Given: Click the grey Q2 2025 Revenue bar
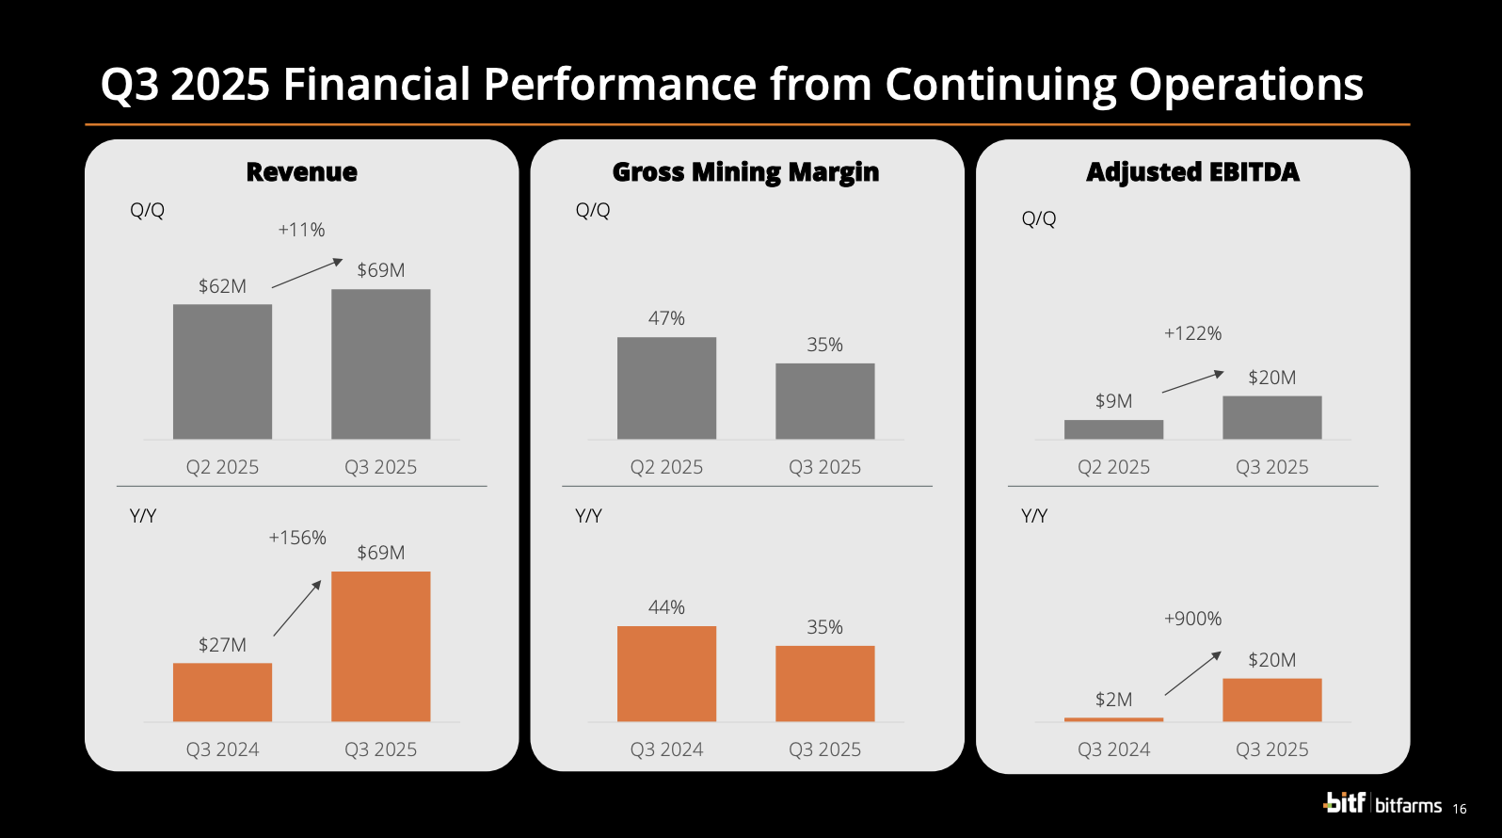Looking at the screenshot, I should point(222,371).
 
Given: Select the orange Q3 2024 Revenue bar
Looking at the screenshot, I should point(222,692).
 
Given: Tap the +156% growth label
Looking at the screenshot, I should point(297,538).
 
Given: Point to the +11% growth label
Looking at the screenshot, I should point(301,230).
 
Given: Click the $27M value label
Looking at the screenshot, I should point(222,645).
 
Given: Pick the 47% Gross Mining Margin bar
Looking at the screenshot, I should point(666,388).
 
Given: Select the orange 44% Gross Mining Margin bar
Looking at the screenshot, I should point(666,673).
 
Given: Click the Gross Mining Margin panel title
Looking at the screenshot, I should point(745,172).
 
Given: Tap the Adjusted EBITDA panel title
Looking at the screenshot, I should point(1192,172).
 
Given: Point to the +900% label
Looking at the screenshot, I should point(1192,619).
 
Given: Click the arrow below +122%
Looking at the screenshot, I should point(1192,381).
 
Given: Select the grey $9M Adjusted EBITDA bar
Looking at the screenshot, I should point(1113,429).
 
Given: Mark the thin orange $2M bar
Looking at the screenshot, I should point(1113,719).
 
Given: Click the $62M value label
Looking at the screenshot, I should point(222,286).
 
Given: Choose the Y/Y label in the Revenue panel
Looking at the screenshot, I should point(143,516).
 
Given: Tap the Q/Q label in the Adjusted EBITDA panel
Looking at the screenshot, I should point(1039,218).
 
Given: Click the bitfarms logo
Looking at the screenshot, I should point(1382,803).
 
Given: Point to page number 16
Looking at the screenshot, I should point(1460,809).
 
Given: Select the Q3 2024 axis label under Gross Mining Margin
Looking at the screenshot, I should point(666,749).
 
